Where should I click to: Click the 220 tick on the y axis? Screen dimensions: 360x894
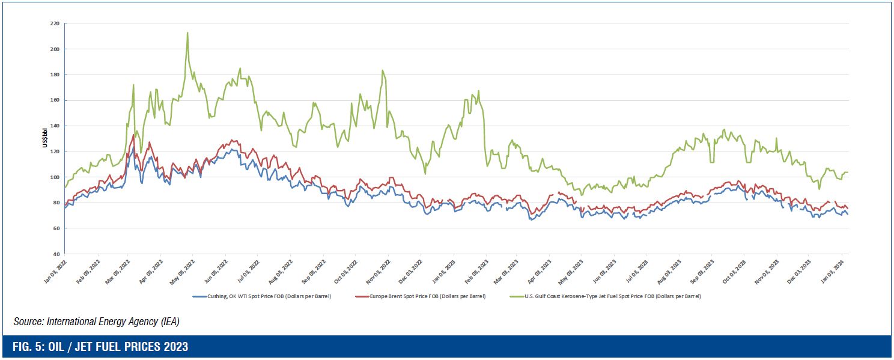[55, 23]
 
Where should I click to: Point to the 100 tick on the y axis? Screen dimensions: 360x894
[55, 177]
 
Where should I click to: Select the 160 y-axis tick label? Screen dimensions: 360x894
[55, 100]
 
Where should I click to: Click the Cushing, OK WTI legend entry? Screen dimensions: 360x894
[262, 296]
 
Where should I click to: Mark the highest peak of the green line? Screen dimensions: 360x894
[187, 32]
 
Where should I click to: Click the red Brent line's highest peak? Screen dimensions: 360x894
[133, 135]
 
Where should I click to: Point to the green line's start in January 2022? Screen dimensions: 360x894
[65, 188]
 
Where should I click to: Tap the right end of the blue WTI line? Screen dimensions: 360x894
[848, 215]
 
